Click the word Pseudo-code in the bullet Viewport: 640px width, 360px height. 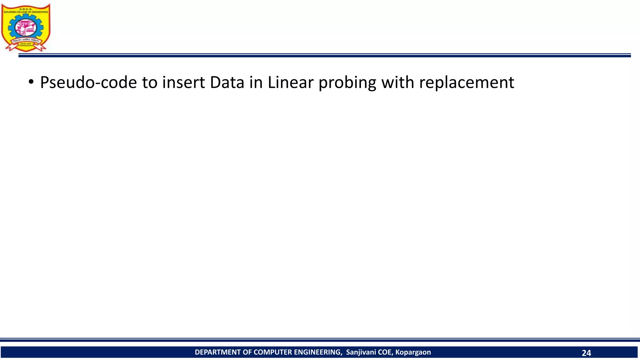pyautogui.click(x=88, y=83)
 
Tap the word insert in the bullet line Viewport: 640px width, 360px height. pyautogui.click(x=183, y=83)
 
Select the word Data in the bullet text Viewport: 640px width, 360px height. pyautogui.click(x=227, y=83)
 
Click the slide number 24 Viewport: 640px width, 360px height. pyautogui.click(x=586, y=353)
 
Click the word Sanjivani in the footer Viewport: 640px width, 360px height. pyautogui.click(x=361, y=352)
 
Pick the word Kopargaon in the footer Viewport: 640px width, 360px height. pyautogui.click(x=413, y=352)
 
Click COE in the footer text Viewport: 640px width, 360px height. pyautogui.click(x=385, y=352)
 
